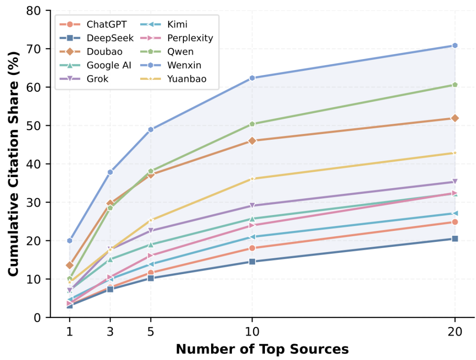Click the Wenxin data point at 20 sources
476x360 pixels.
(455, 45)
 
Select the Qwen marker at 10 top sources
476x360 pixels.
(252, 124)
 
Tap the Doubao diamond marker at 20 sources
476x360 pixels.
(455, 118)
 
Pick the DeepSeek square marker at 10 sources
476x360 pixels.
(252, 261)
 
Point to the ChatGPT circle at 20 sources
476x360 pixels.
(455, 222)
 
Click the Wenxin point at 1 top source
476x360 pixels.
(70, 241)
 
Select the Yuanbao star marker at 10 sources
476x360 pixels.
(252, 179)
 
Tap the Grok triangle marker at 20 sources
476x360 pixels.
(455, 182)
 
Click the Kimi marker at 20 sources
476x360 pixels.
(455, 213)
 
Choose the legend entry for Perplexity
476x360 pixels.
(177, 38)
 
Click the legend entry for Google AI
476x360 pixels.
(96, 65)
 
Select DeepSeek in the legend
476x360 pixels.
(97, 38)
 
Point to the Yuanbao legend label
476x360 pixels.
(187, 78)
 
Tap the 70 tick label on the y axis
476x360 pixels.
(33, 49)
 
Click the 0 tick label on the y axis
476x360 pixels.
(37, 318)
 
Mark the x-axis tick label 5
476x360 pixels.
(151, 331)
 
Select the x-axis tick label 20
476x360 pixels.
(455, 331)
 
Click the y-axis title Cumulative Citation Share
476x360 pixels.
(13, 164)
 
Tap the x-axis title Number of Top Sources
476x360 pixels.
(262, 349)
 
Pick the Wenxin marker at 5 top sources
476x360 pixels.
(151, 129)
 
